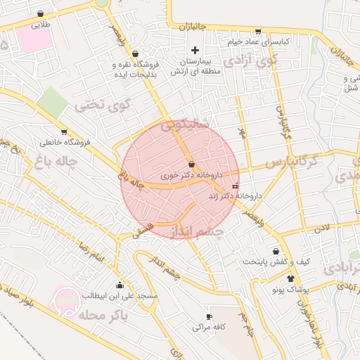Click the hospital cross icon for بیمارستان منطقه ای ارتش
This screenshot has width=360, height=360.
195,50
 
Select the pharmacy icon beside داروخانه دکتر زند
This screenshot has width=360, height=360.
235,186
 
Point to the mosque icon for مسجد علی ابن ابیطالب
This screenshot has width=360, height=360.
120,285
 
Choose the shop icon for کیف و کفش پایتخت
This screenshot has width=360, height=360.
276,251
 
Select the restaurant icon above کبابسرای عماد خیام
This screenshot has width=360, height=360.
258,31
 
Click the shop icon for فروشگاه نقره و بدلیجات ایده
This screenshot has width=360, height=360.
135,53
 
